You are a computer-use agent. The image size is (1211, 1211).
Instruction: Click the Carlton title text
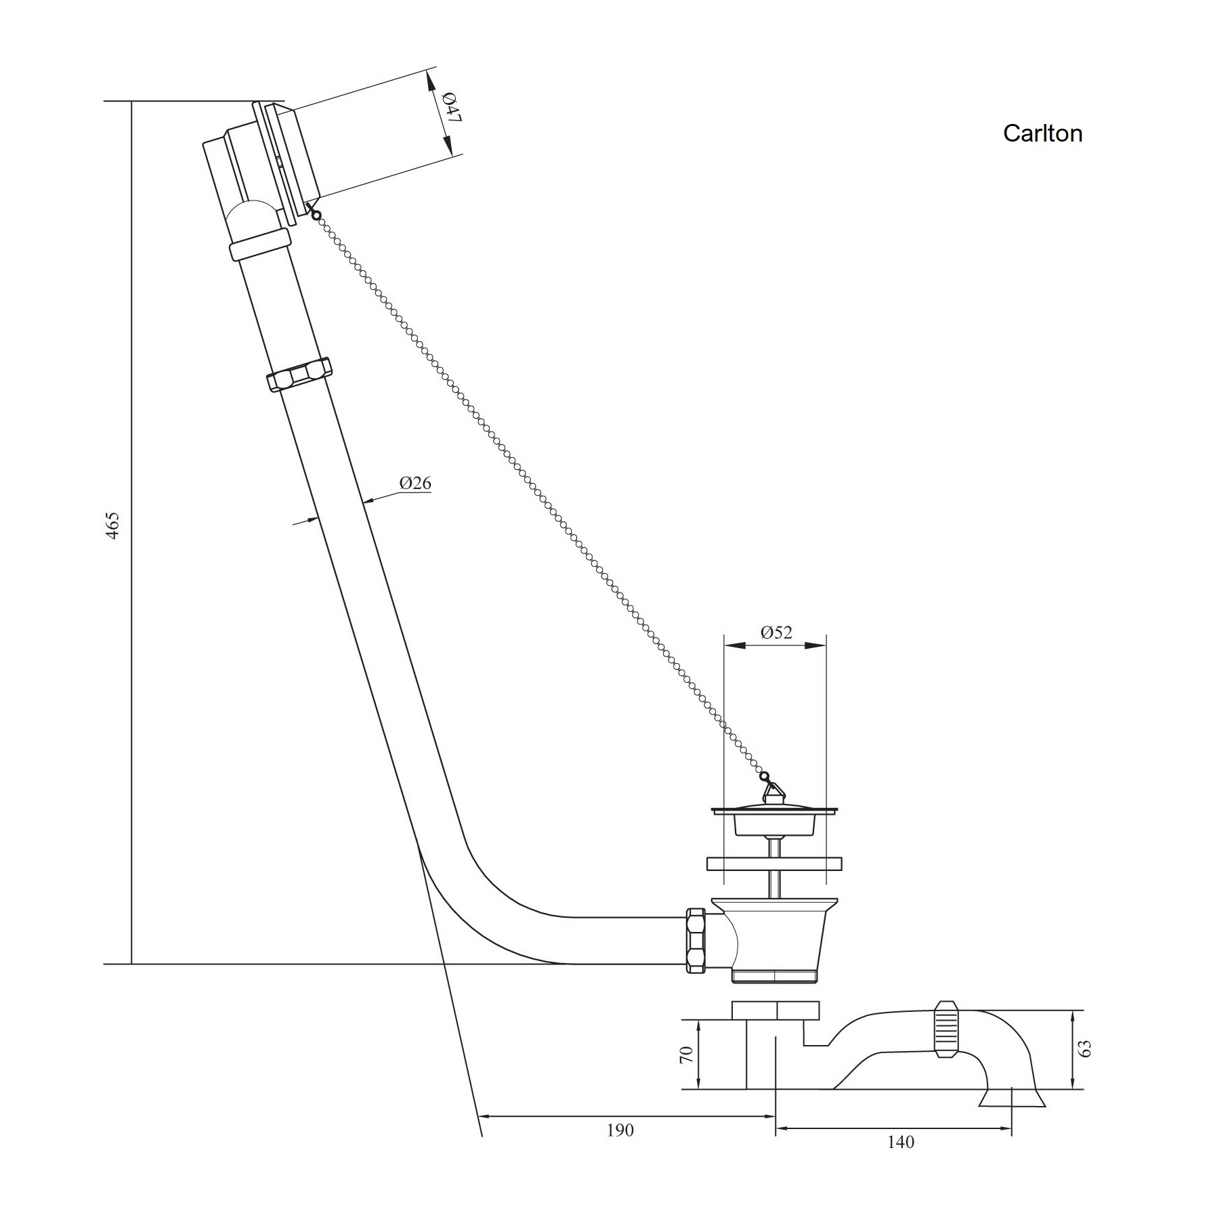[x=1042, y=133]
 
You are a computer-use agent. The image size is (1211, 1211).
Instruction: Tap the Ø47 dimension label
[x=452, y=107]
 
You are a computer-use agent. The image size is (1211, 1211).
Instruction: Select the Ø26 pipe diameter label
[x=415, y=483]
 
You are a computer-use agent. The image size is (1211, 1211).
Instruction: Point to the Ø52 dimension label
[x=776, y=632]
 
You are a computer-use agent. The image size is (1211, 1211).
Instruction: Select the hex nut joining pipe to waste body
[x=696, y=941]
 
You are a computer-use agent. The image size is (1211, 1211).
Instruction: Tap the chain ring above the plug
[x=764, y=776]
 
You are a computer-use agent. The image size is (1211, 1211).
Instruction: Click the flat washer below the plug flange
[x=774, y=864]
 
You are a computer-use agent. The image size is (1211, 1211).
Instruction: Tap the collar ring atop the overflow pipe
[x=260, y=245]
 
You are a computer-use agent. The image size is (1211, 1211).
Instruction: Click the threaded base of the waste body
[x=776, y=976]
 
